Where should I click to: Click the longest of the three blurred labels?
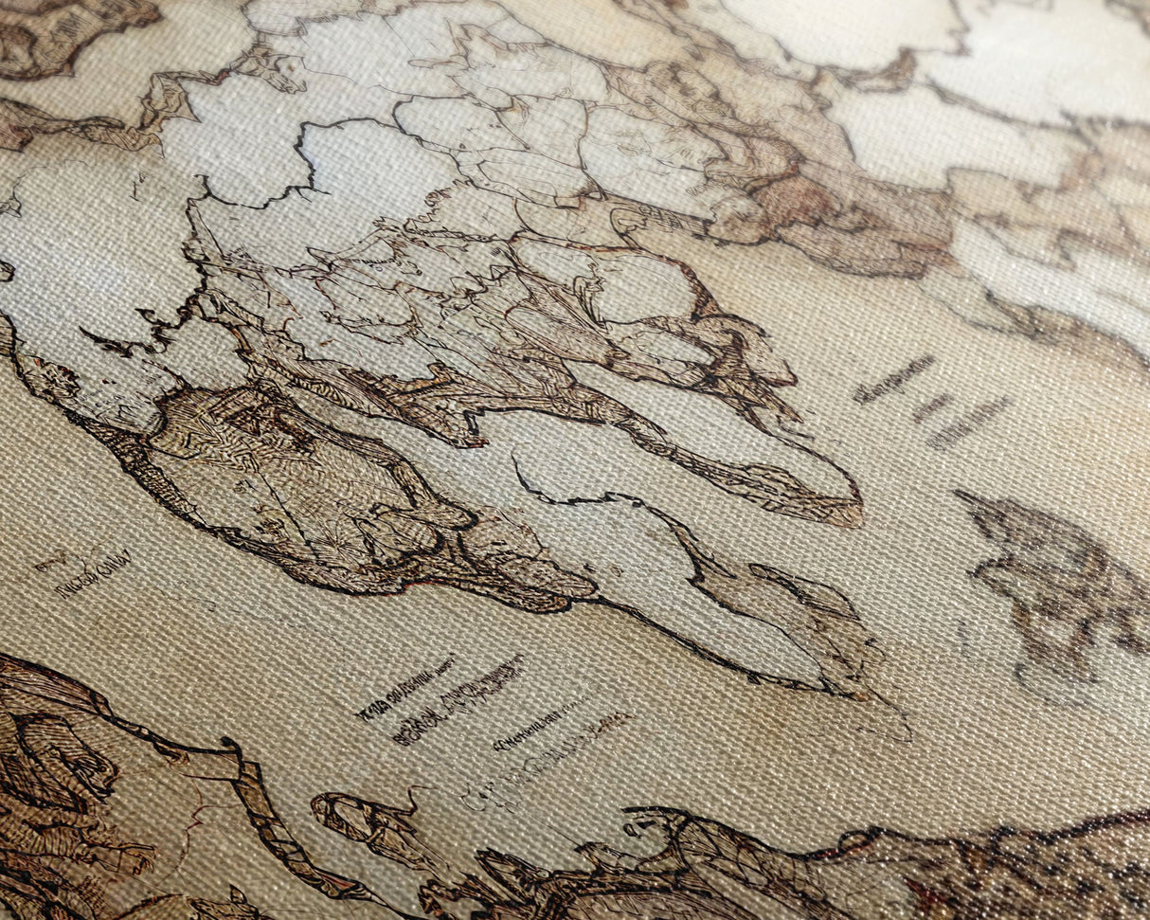[x=893, y=379]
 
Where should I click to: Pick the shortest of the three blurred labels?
[x=933, y=407]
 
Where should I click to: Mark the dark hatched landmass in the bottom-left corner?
[x=57, y=786]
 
